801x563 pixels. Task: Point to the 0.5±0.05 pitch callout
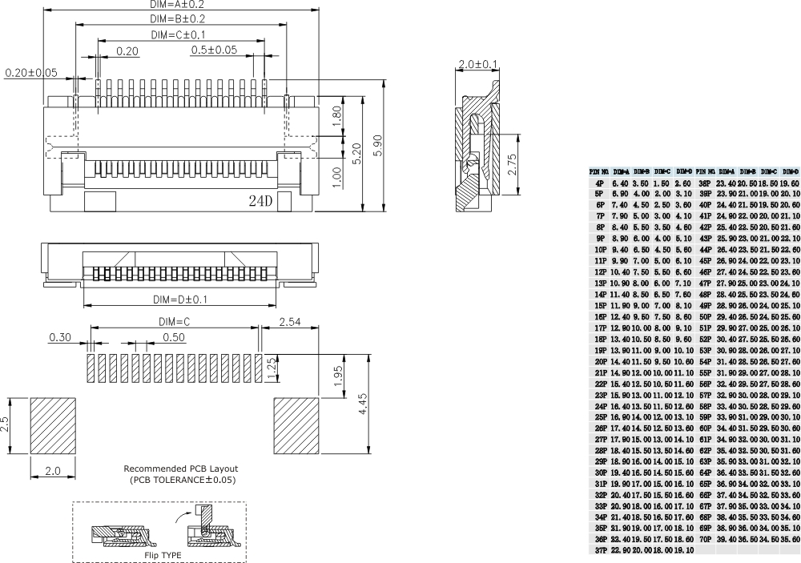pyautogui.click(x=214, y=50)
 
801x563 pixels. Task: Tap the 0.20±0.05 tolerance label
pyautogui.click(x=31, y=73)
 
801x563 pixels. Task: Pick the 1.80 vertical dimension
pyautogui.click(x=336, y=115)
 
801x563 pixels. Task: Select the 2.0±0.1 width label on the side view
pyautogui.click(x=477, y=64)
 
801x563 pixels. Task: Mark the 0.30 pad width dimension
pyautogui.click(x=60, y=337)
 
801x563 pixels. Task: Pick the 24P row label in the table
pyautogui.click(x=600, y=406)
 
